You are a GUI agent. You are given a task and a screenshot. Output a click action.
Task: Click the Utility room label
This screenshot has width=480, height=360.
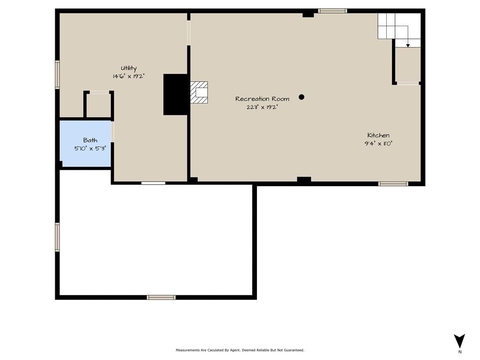(128, 68)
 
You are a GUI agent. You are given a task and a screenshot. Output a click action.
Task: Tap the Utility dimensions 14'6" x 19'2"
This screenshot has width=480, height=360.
(128, 76)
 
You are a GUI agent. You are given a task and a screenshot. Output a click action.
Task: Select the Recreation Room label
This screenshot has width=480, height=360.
(262, 99)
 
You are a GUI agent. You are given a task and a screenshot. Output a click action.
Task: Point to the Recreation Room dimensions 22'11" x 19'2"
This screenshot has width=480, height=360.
(262, 107)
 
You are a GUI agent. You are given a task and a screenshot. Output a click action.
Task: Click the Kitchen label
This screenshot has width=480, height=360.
(378, 135)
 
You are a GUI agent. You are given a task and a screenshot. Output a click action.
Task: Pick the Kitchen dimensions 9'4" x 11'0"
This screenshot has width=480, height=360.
(378, 143)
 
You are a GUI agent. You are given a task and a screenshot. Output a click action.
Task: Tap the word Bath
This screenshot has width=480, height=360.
(90, 140)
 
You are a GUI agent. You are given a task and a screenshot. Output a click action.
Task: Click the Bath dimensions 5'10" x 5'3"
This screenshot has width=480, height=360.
(90, 149)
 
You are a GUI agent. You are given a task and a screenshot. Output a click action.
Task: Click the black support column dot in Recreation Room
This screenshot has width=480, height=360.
(301, 97)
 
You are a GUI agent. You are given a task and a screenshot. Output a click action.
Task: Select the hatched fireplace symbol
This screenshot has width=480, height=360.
(199, 92)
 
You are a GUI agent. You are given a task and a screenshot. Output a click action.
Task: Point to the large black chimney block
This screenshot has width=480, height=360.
(175, 95)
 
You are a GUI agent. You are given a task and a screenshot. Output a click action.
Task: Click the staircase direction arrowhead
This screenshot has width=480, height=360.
(408, 45)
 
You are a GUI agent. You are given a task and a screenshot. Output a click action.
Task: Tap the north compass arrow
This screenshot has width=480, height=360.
(459, 341)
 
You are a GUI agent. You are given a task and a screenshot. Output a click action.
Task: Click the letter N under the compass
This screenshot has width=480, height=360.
(460, 352)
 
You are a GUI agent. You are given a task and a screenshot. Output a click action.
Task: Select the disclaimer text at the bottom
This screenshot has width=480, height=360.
(240, 350)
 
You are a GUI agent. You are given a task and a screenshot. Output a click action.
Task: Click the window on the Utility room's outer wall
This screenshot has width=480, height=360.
(57, 75)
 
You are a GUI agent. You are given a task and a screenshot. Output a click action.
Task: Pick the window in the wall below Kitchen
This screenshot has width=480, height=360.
(393, 184)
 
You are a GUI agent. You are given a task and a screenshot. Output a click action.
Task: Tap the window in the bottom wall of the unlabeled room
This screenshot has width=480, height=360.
(161, 297)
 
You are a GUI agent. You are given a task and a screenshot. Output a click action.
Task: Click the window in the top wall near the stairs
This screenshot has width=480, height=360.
(332, 11)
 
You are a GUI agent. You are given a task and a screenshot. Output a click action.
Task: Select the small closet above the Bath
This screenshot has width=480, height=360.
(98, 105)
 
